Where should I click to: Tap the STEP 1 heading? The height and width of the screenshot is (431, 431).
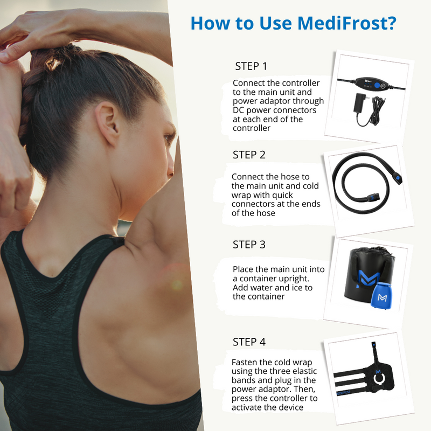pos(251,66)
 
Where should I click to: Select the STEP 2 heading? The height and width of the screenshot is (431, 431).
pos(249,155)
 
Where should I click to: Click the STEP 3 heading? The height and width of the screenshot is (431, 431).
pos(249,244)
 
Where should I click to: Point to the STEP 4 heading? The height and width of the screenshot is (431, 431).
pos(249,342)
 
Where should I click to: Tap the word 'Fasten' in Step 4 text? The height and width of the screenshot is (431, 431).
pos(245,362)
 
